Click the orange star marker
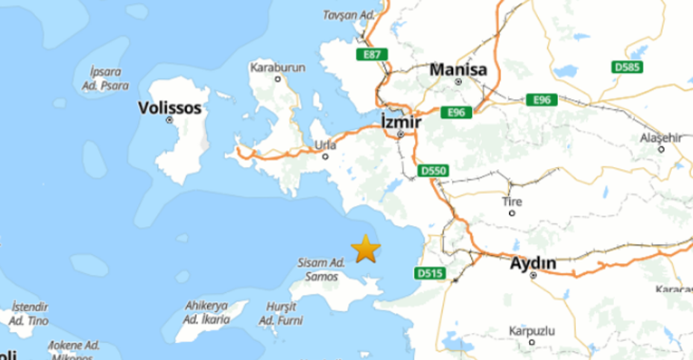(x=366, y=249)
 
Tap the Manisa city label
(x=458, y=70)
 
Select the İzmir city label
(x=401, y=121)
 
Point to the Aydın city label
(x=533, y=263)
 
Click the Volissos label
(x=170, y=108)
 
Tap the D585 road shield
(x=627, y=67)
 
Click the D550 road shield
(x=433, y=171)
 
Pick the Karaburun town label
(x=278, y=67)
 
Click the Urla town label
(x=326, y=145)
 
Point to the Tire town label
(x=512, y=202)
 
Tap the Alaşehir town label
(x=661, y=138)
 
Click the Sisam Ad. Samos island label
(x=321, y=269)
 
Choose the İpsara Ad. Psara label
(x=104, y=78)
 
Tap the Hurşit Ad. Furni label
(x=277, y=313)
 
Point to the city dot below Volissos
(x=170, y=120)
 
